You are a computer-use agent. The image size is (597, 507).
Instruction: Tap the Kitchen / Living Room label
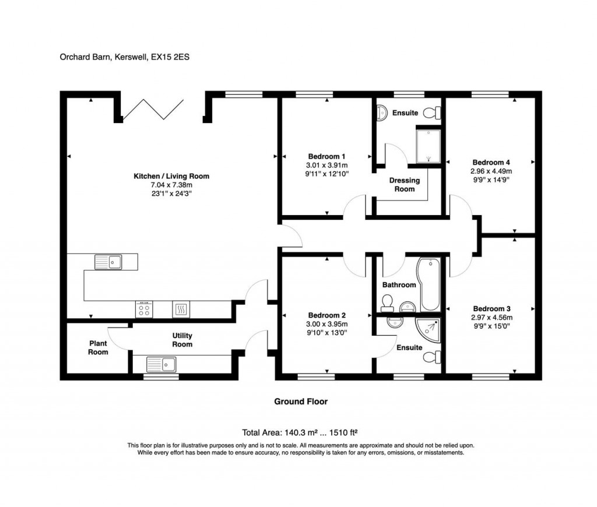[171, 176]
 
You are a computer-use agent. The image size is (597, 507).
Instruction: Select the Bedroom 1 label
[327, 156]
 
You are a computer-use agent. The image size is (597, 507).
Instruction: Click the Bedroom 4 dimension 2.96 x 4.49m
[491, 171]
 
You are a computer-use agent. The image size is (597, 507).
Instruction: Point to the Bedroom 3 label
[491, 308]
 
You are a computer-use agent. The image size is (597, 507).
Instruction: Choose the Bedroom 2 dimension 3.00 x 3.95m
[327, 325]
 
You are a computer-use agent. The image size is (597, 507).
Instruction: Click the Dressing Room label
[405, 185]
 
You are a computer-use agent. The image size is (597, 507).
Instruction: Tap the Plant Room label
[98, 348]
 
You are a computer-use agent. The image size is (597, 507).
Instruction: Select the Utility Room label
[182, 340]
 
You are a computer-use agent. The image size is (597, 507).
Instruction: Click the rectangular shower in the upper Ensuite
[429, 145]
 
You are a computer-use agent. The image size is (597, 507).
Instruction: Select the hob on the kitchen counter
[144, 310]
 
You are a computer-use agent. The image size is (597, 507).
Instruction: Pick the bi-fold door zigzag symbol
[151, 109]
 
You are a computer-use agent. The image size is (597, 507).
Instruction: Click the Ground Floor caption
[301, 402]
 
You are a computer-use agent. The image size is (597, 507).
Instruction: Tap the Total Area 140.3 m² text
[300, 433]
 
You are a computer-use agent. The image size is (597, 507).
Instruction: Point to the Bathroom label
[399, 285]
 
